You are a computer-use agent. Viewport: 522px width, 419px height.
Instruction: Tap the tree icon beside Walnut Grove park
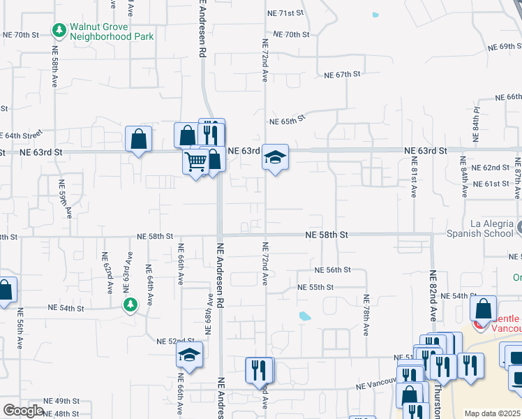[x=59, y=31]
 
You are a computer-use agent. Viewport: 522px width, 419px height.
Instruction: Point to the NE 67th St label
[x=342, y=74]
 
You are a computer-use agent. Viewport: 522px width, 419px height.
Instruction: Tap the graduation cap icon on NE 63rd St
[x=275, y=159]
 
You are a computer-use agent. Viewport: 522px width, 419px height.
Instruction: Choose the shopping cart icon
[x=196, y=162]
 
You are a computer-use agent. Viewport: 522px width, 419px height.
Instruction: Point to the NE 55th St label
[x=315, y=287]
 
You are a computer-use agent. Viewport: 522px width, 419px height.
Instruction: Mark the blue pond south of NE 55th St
[x=305, y=316]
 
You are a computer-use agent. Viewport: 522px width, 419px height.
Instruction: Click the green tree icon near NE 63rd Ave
[x=130, y=304]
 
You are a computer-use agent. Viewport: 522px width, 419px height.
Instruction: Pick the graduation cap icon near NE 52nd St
[x=189, y=355]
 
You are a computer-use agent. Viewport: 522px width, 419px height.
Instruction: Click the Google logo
[x=23, y=411]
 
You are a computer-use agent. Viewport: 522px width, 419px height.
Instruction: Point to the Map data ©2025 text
[x=492, y=413]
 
